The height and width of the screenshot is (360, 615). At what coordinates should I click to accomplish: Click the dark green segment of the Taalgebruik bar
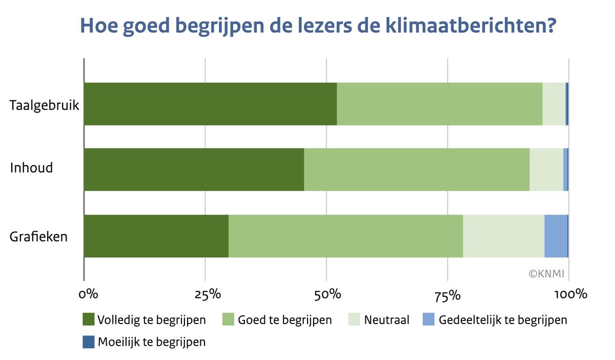point(210,104)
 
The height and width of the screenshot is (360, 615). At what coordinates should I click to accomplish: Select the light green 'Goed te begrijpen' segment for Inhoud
point(416,169)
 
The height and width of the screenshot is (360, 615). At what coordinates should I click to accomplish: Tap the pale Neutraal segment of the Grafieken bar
point(503,236)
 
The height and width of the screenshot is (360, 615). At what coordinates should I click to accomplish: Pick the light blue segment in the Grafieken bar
point(556,236)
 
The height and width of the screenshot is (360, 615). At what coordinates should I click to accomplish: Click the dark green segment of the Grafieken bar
point(156,236)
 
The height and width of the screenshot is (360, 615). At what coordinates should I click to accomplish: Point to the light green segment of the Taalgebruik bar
point(439,104)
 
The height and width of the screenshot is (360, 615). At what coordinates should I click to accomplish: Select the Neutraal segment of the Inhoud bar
point(546,169)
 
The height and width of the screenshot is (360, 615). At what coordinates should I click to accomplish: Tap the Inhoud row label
point(31,168)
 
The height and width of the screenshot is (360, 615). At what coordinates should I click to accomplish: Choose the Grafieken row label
point(39,237)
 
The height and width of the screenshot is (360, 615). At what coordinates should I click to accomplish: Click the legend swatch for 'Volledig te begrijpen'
point(89,319)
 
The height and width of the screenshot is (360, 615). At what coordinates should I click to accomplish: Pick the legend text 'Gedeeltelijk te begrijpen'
point(503,320)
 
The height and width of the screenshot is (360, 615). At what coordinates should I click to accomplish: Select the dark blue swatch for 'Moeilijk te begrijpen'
point(89,342)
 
